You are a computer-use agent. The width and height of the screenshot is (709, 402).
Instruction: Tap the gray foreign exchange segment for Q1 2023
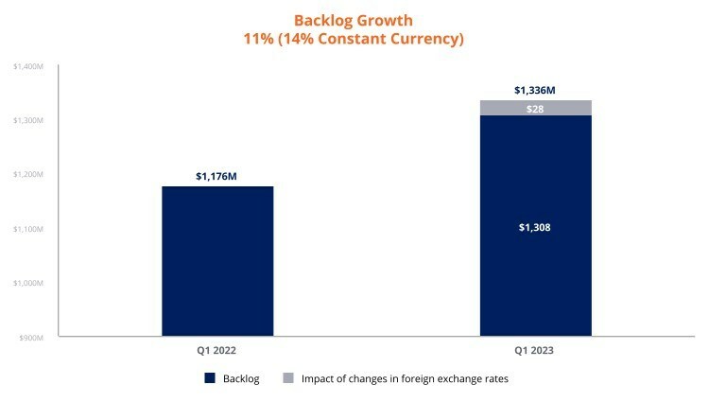coord(535,108)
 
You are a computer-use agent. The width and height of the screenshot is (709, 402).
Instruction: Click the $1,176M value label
coord(217,176)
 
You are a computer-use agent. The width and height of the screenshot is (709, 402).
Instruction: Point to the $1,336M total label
coord(535,90)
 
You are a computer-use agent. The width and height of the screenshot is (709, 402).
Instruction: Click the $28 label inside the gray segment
coord(535,109)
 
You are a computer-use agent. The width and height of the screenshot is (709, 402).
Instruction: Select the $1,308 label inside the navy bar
coord(535,228)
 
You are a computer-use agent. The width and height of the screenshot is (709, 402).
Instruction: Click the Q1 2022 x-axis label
coord(217,349)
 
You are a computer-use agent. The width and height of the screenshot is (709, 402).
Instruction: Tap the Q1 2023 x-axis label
coord(535,349)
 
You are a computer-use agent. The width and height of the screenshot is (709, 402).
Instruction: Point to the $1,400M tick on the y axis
coord(29,66)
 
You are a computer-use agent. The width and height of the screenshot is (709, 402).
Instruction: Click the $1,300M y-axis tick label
coord(29,121)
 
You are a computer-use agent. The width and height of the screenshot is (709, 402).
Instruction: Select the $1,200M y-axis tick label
coord(29,175)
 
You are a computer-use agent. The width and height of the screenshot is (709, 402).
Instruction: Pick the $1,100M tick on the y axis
coord(29,229)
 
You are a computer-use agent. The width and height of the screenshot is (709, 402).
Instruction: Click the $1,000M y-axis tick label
coord(29,283)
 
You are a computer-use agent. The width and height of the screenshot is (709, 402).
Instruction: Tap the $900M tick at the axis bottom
coord(33,337)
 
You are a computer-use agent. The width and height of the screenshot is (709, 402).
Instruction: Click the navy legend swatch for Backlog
coord(209,378)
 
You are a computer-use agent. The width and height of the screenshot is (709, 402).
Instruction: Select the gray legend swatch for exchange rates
coord(287,378)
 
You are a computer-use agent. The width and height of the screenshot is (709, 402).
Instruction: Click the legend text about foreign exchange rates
coord(406,378)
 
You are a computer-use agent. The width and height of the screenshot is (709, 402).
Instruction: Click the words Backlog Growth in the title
coord(353,21)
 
